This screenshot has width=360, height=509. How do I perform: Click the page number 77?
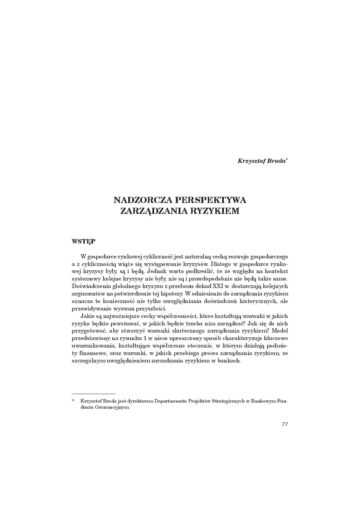point(285,424)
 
